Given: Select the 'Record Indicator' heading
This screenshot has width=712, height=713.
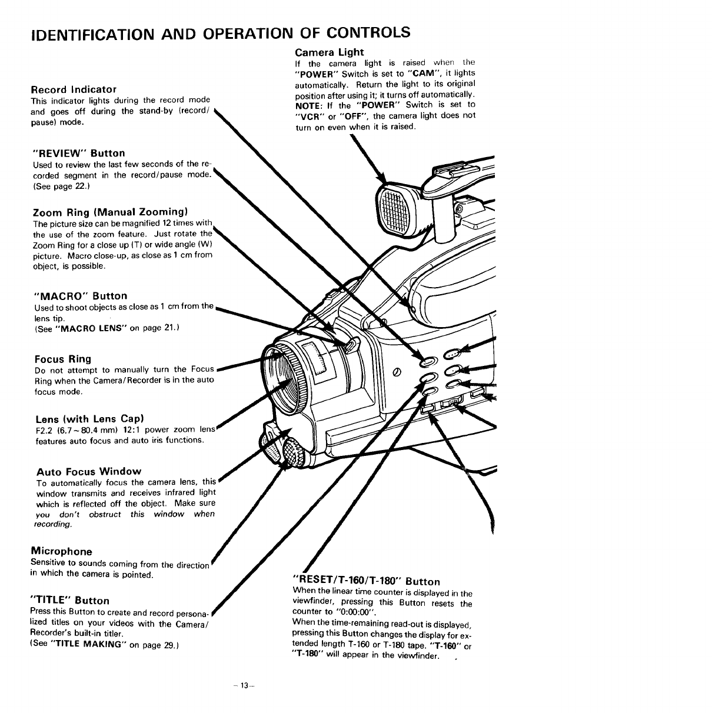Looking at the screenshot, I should pos(74,89).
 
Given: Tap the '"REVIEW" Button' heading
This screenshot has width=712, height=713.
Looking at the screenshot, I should pos(79,153).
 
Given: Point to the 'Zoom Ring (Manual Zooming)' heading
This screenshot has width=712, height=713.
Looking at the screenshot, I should pos(110,211).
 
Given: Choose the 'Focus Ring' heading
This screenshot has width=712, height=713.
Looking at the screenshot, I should pos(63,359).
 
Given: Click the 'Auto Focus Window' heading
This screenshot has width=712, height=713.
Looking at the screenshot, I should pos(89,471).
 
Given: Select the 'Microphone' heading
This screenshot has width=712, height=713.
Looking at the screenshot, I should pos(61,551).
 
